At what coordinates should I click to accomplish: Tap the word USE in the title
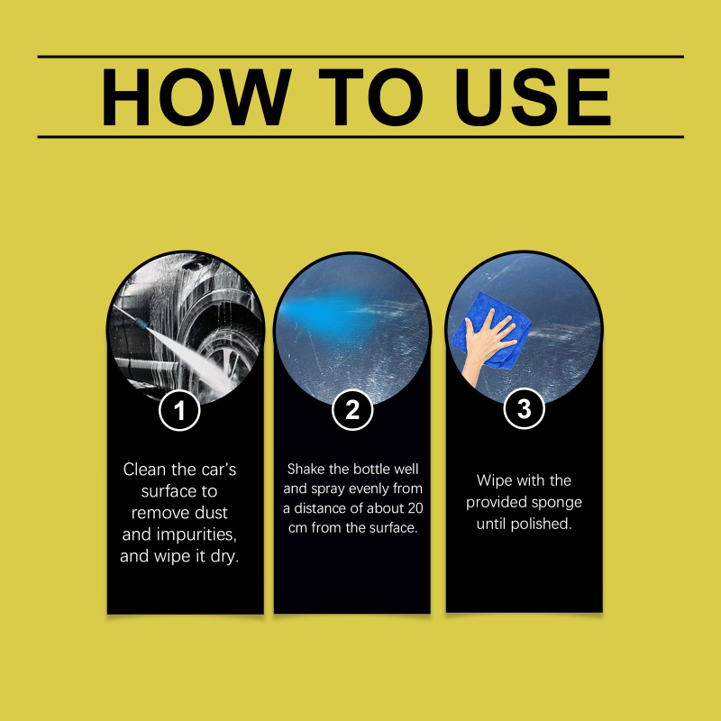coord(533,97)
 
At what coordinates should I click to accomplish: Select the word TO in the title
coord(370,97)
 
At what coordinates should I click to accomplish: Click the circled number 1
coord(179,410)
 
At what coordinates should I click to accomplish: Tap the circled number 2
coord(352,409)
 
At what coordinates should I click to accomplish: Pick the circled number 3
coord(525,408)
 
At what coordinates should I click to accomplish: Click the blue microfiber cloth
coord(491,330)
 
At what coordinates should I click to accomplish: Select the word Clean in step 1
coord(144,470)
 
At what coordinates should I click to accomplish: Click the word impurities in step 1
coord(196,534)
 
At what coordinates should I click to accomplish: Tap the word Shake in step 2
coord(306,469)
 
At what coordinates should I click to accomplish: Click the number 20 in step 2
coord(415,508)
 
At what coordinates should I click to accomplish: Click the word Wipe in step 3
coord(494,480)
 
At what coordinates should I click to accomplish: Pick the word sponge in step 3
coord(560,503)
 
